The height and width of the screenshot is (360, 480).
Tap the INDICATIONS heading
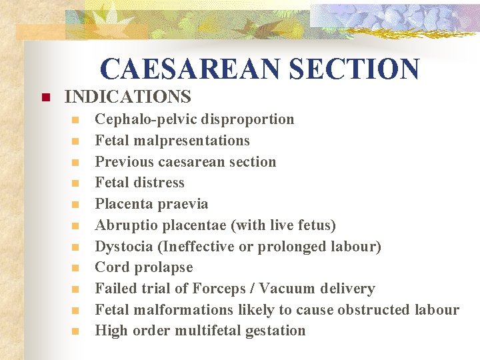(127, 97)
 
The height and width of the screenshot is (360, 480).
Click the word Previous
(124, 161)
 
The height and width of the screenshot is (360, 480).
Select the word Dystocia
(124, 247)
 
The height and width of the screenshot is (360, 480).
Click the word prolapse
(163, 267)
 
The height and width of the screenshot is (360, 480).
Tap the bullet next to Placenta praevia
(76, 205)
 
